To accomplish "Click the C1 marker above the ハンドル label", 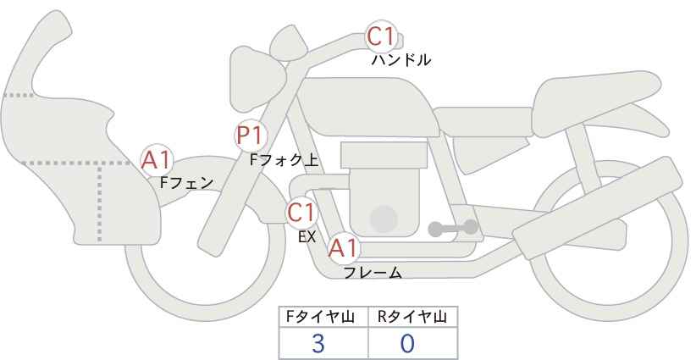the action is click(x=381, y=36).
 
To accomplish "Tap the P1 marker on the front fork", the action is click(x=251, y=136).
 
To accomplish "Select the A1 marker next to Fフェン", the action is click(x=157, y=160).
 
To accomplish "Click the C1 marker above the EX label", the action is click(x=301, y=213).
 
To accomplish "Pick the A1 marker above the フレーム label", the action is click(x=343, y=248).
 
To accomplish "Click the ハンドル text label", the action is click(x=401, y=60).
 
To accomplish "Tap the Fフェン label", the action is click(x=186, y=183).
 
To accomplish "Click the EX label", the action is click(x=307, y=237).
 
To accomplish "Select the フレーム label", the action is click(x=373, y=273).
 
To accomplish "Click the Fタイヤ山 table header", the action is click(x=320, y=317).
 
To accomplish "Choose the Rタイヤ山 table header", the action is click(x=412, y=317).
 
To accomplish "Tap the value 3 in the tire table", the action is click(x=318, y=344).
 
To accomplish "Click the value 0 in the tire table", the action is click(x=407, y=344).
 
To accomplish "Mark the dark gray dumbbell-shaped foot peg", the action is click(x=453, y=228).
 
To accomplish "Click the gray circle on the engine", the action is click(x=384, y=219).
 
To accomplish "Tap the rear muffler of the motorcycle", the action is click(x=597, y=208).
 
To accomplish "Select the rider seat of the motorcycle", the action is click(x=483, y=121).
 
